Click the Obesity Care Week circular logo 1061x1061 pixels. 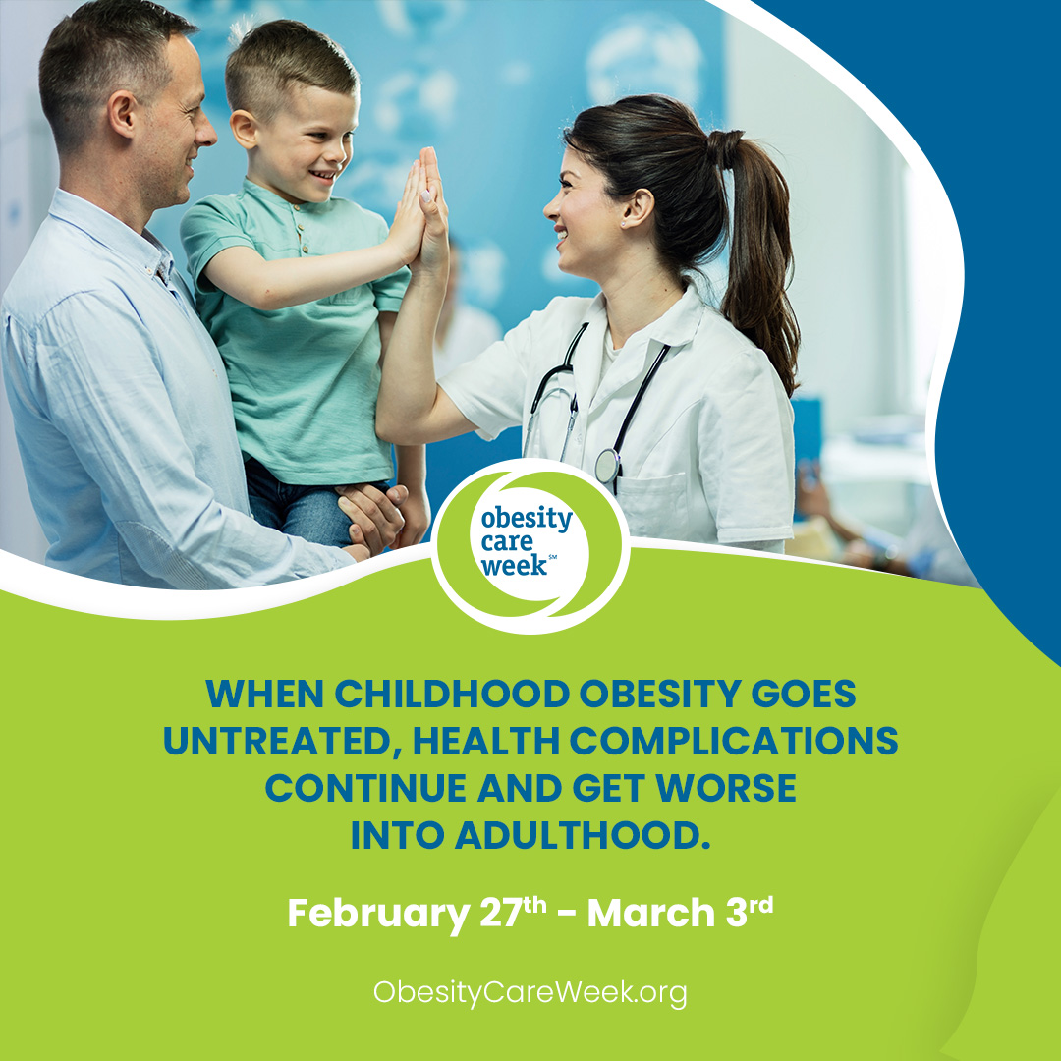[x=530, y=545]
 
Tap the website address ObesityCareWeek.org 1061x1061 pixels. [x=530, y=993]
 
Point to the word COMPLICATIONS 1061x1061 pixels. [x=734, y=741]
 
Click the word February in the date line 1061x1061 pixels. [x=378, y=914]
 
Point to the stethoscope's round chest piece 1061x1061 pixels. [x=607, y=466]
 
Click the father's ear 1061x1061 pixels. [x=123, y=115]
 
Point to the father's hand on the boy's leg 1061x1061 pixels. [x=370, y=515]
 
